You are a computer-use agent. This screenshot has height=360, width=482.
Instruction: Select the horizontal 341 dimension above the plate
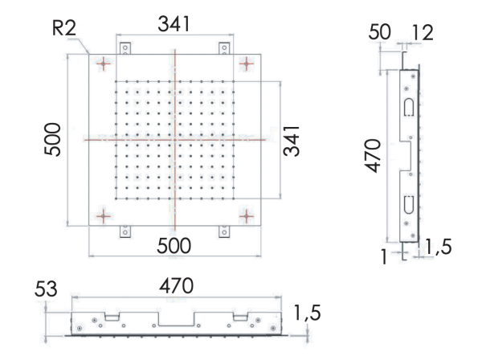[x=174, y=25]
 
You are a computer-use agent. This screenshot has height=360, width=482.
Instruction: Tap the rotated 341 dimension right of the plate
[x=294, y=140]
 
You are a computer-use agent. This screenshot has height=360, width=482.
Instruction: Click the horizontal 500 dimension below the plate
[x=174, y=247]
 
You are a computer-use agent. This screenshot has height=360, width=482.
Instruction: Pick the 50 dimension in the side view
[x=380, y=33]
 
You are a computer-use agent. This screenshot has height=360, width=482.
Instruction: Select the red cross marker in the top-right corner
[x=246, y=63]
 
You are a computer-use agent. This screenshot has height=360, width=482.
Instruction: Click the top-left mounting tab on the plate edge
[x=125, y=49]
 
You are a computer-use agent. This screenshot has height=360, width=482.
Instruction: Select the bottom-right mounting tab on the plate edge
[x=223, y=231]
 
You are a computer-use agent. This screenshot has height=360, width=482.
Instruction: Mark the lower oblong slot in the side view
[x=409, y=204]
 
